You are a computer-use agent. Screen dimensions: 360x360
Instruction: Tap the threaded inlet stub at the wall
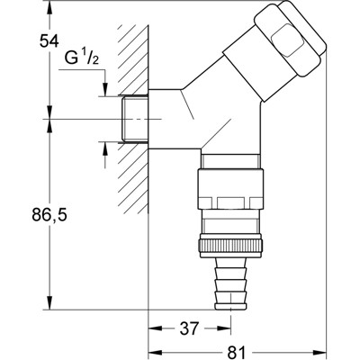[133, 117]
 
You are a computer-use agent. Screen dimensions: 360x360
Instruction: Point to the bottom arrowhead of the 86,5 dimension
[51, 304]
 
